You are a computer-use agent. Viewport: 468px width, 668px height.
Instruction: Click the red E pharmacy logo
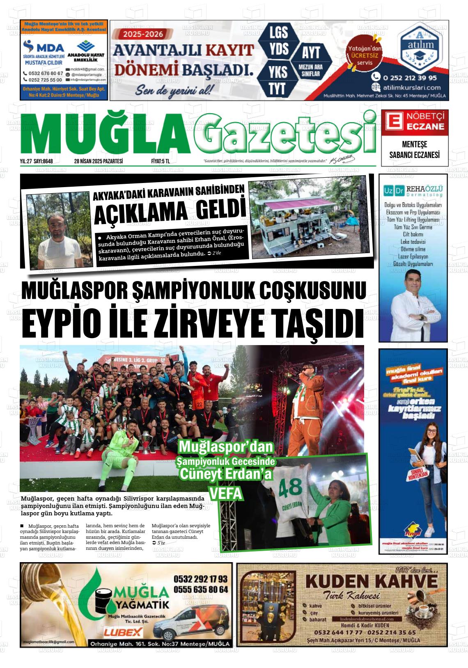click(x=392, y=121)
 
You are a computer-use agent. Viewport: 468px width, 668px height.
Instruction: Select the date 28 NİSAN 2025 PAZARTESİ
click(x=99, y=161)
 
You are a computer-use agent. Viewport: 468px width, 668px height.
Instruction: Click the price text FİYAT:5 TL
click(x=161, y=161)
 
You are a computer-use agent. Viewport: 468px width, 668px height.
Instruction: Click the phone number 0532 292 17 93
click(x=200, y=579)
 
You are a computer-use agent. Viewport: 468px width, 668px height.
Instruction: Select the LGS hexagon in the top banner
click(x=278, y=33)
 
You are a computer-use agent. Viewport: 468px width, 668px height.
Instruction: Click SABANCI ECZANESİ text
click(x=414, y=155)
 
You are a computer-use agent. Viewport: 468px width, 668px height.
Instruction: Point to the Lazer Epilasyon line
click(x=413, y=256)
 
